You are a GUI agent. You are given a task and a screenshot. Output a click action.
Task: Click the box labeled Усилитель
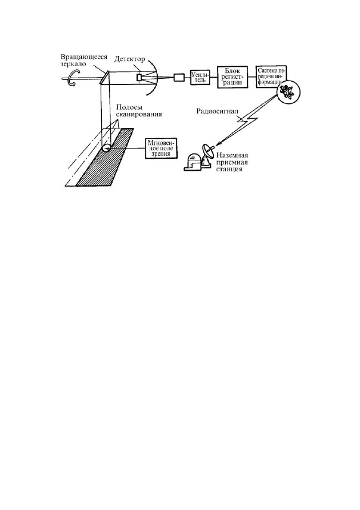point(199,77)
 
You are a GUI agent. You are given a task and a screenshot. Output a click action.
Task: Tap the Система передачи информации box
point(271,77)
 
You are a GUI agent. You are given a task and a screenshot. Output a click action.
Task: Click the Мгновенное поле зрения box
point(162,148)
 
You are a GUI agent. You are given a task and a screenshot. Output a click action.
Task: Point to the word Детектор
point(130,59)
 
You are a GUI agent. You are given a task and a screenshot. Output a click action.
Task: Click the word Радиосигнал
point(217,111)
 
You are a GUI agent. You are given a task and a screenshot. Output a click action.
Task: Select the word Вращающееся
point(85,57)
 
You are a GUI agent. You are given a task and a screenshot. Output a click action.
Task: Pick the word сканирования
point(139,114)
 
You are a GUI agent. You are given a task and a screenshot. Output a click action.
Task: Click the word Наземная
point(232,156)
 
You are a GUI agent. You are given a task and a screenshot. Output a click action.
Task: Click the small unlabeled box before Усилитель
point(179,78)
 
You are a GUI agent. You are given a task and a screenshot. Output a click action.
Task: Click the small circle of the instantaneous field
point(106,147)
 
